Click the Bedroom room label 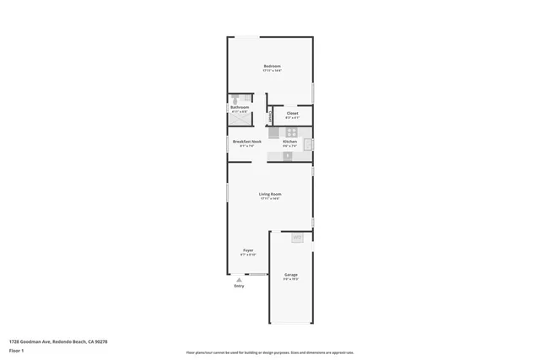(272, 66)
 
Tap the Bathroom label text (239, 107)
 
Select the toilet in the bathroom (235, 100)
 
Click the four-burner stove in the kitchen (291, 132)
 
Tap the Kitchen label (289, 141)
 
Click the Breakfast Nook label (246, 141)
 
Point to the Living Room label (270, 194)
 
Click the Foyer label (248, 250)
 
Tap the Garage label (290, 275)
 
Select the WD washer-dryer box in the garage (297, 239)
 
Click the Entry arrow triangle (240, 278)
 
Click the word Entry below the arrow (240, 286)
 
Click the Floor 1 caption (16, 349)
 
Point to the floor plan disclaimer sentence (270, 352)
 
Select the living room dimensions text (270, 199)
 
